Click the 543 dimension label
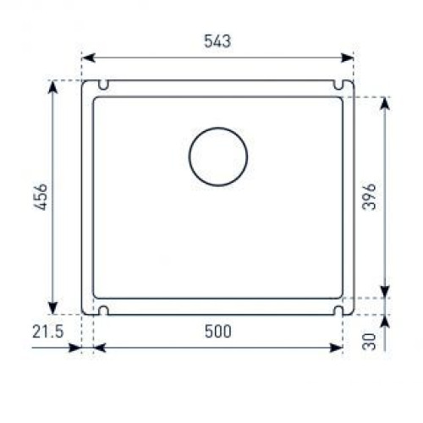(x=217, y=41)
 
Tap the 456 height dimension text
(x=41, y=197)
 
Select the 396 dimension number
(x=369, y=196)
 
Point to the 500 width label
(x=218, y=332)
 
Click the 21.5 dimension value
(x=48, y=332)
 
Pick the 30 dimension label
(x=369, y=342)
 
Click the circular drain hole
(x=218, y=157)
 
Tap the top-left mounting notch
(x=103, y=85)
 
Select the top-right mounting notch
(x=338, y=85)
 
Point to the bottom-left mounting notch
(x=103, y=310)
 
